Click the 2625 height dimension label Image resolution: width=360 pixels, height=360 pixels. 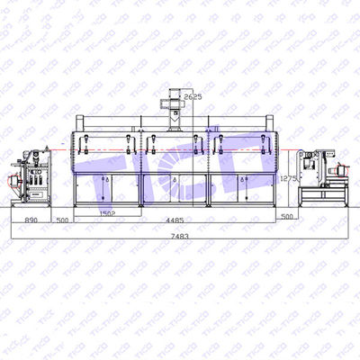(x=193, y=94)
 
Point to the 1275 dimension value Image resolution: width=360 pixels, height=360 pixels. (x=289, y=179)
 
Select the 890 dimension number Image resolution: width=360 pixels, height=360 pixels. (x=31, y=218)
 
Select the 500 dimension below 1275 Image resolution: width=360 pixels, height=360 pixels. (x=286, y=216)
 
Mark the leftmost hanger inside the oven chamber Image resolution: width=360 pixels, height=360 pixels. (x=82, y=142)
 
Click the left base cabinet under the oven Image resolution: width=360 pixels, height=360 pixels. (x=108, y=190)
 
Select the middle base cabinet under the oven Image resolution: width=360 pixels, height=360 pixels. (x=175, y=190)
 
